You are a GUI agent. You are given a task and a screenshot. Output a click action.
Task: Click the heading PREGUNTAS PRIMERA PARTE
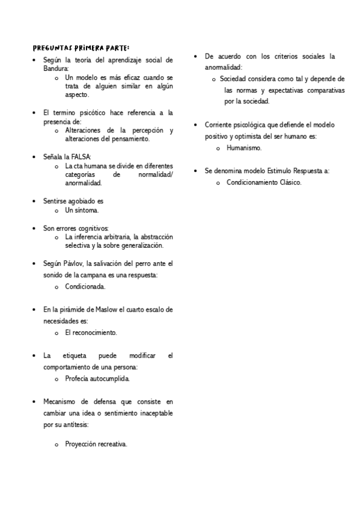[x=81, y=48]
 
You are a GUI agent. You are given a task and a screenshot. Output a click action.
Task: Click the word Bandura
[x=56, y=69]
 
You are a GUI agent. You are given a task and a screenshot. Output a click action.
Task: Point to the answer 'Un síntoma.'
[x=82, y=210]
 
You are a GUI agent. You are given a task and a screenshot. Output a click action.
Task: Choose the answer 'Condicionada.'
[x=85, y=287]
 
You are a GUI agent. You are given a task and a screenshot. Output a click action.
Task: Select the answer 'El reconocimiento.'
[x=91, y=333]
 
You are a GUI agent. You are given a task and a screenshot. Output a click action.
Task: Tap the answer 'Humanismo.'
[x=243, y=147]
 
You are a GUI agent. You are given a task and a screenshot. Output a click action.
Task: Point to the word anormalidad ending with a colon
[x=223, y=67]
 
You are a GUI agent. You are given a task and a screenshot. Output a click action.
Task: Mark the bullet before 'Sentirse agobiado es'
[x=34, y=201]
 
